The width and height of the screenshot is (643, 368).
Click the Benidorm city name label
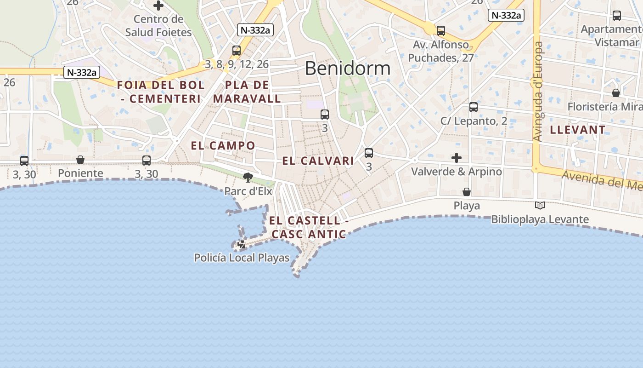point(347,69)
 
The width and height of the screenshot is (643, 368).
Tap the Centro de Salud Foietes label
point(158,26)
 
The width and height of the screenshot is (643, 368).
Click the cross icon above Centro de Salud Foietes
point(158,6)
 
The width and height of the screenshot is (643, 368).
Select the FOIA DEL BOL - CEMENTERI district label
point(161,92)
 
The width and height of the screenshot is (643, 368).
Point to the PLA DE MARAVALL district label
point(247,92)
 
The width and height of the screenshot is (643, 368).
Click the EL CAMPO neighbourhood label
point(223,146)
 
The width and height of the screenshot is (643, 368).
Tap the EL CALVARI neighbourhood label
point(318,161)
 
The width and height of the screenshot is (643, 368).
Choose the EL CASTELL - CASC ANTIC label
point(309,227)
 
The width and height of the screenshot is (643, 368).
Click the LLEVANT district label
point(578,130)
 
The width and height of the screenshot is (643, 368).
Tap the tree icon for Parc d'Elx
point(248,177)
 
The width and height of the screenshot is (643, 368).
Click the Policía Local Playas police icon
point(242,244)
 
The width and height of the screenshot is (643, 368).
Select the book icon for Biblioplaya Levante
point(540,206)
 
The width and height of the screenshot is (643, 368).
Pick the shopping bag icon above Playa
point(467,192)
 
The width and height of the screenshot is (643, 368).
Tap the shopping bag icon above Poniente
point(80,160)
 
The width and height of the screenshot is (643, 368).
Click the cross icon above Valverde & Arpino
point(456,158)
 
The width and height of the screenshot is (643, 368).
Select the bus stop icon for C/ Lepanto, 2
point(474,107)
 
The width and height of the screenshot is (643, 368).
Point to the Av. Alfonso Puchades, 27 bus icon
point(441,31)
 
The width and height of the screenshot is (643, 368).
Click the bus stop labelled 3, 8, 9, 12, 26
point(237,51)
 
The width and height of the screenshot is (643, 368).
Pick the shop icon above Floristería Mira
point(616,93)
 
